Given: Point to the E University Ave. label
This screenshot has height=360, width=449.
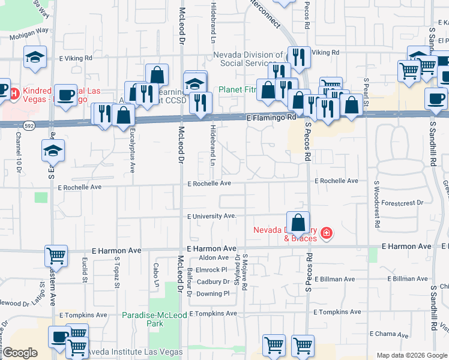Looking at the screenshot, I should click(212, 216).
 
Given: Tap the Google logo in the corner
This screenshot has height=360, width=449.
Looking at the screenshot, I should click(20, 353).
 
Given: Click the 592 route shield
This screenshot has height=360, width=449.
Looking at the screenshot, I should click(29, 125).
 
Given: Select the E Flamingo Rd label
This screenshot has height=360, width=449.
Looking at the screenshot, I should click(271, 118).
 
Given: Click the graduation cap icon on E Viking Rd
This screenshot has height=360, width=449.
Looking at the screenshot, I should click(35, 58).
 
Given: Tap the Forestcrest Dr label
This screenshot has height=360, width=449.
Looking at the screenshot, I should click(402, 203).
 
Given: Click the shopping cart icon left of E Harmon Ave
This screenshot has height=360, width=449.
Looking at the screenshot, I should click(56, 256).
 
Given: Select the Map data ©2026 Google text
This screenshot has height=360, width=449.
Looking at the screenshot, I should click(411, 355).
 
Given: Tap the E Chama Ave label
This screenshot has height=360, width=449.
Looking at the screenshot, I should click(390, 334).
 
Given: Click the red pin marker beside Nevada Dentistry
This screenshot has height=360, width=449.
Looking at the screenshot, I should click(327, 233).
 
